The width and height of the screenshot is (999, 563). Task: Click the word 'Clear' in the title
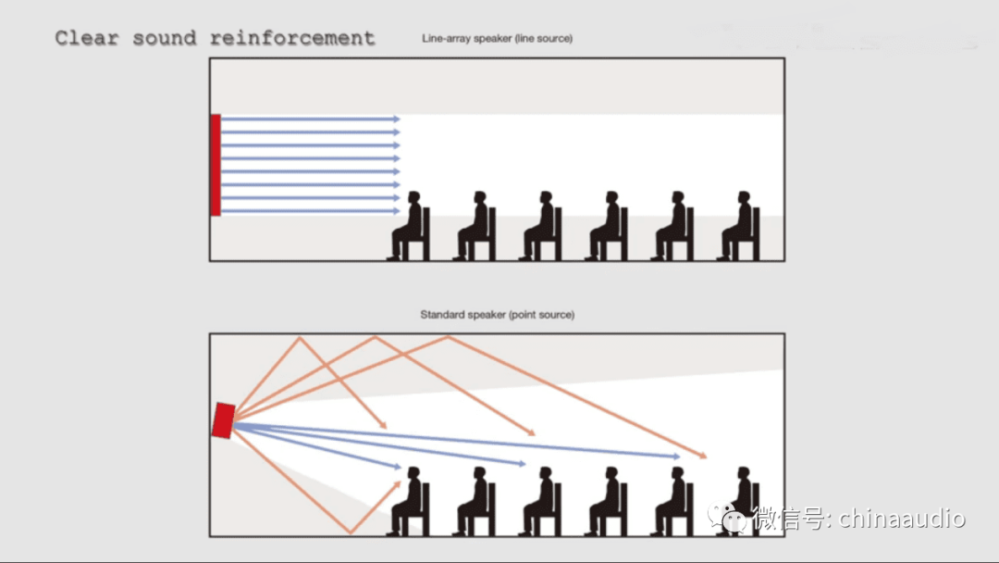click(87, 38)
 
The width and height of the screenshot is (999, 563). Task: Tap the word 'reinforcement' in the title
click(292, 38)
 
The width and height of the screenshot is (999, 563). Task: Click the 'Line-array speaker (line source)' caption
click(497, 38)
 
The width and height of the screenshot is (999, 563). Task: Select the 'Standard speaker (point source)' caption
click(497, 314)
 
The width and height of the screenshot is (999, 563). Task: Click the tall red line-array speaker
click(216, 165)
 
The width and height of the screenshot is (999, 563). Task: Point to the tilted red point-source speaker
click(223, 420)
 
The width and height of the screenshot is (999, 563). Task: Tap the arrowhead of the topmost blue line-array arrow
click(397, 119)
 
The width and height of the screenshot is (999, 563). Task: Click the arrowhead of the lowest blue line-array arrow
click(397, 211)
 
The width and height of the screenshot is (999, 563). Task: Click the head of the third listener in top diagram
click(546, 197)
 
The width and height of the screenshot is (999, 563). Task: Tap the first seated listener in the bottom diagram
click(409, 502)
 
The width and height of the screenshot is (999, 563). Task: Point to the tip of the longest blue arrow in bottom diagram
click(679, 457)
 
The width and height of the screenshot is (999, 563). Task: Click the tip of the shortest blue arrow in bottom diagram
click(401, 468)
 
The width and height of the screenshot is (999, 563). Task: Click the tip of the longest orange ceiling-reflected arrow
click(705, 457)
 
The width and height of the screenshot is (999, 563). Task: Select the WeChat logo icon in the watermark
click(727, 517)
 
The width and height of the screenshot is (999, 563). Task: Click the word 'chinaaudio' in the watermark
click(902, 519)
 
